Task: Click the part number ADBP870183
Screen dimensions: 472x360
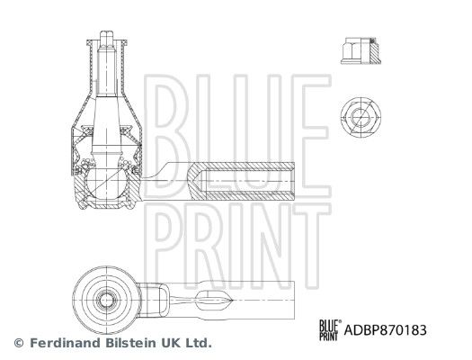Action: click(386, 330)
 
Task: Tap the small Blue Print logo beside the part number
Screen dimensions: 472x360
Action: click(330, 330)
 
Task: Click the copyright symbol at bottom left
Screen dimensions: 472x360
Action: click(19, 343)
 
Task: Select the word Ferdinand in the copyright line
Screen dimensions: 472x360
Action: click(66, 343)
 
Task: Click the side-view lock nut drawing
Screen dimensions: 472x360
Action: click(361, 50)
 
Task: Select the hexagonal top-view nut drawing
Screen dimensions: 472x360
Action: click(361, 117)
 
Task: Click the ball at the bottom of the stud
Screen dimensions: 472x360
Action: click(106, 183)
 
